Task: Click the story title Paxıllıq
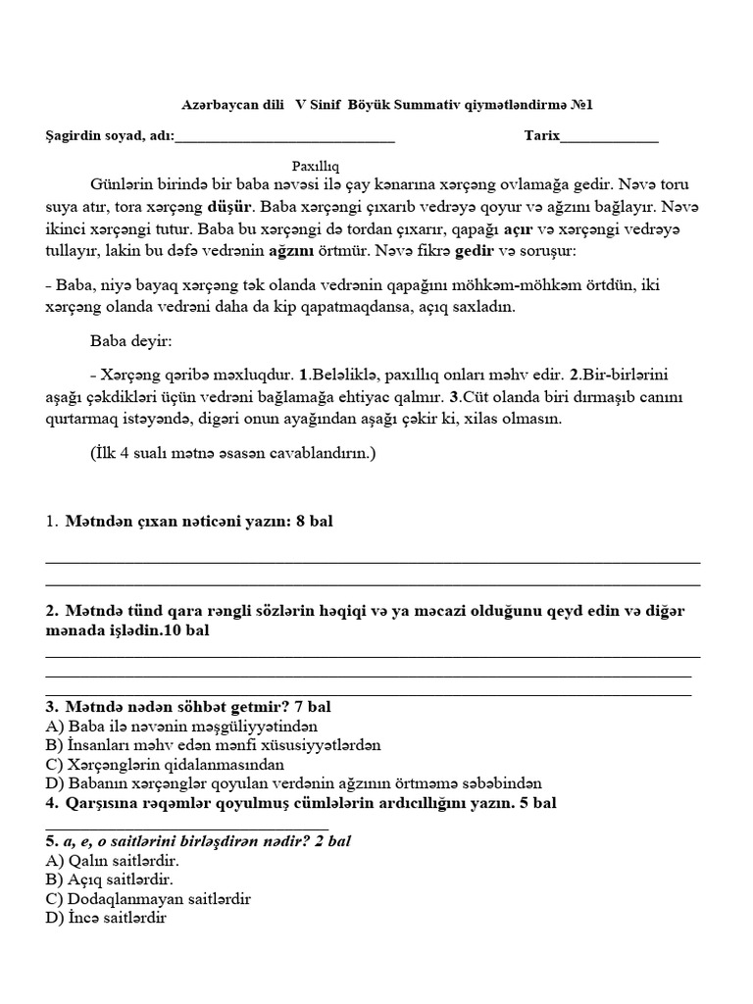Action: point(315,167)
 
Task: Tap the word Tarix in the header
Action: point(541,136)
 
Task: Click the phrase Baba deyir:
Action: point(130,341)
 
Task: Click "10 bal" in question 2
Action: point(186,631)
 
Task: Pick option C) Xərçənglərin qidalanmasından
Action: point(164,764)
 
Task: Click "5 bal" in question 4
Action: point(536,803)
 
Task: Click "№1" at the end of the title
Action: point(580,105)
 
